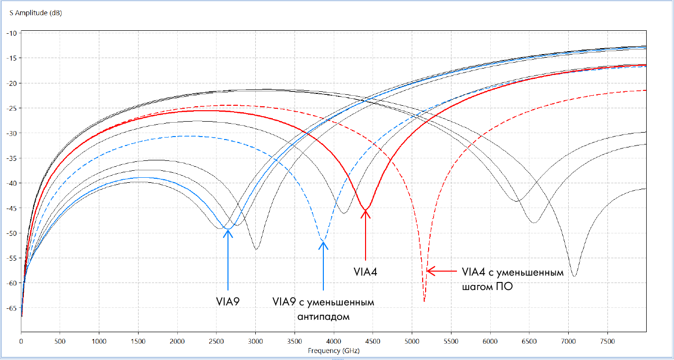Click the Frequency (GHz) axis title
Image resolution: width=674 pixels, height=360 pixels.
(333, 351)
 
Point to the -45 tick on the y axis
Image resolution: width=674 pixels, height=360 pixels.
(11, 208)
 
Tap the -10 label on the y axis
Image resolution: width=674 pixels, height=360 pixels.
(11, 33)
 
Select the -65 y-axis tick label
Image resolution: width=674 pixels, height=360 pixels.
(11, 308)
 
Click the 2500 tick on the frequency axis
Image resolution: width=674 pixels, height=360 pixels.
(216, 342)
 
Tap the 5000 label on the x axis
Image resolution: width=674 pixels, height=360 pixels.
(412, 342)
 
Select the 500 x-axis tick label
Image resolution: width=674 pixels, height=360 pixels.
(60, 342)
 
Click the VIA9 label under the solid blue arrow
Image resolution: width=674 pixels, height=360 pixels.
(228, 301)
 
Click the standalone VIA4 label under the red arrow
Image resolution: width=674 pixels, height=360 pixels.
(366, 272)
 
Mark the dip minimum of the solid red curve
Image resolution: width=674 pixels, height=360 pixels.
(366, 210)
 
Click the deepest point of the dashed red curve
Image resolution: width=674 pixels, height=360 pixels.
(424, 301)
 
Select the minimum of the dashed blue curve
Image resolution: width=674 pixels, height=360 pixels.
(323, 241)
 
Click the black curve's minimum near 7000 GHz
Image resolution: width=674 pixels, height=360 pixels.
(574, 276)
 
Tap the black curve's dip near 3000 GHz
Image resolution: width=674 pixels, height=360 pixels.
(256, 249)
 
